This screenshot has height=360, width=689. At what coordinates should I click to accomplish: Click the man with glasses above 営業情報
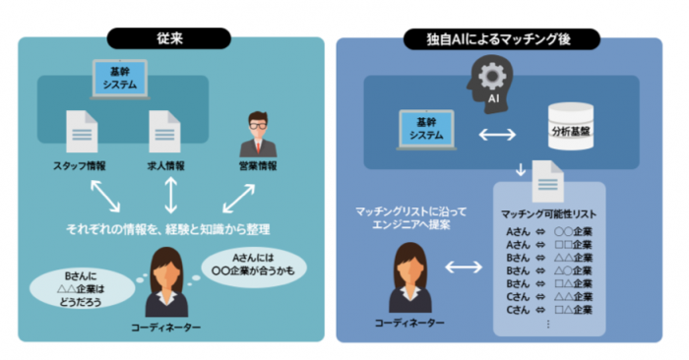coord(258,132)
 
